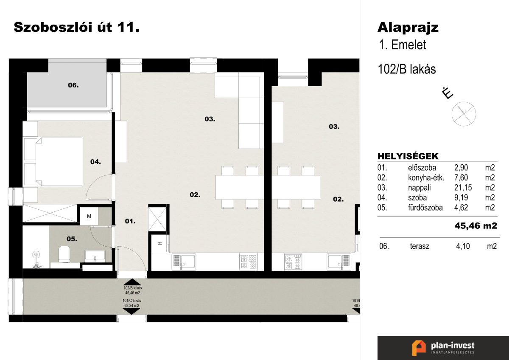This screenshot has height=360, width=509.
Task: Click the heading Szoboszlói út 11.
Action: (77, 27)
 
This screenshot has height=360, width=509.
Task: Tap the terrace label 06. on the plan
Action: (73, 85)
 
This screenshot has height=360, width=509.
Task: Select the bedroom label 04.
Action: (95, 162)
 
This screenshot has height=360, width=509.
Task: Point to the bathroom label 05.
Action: (72, 239)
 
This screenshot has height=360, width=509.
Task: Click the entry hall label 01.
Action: (130, 221)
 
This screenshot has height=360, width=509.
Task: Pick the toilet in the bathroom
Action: (64, 254)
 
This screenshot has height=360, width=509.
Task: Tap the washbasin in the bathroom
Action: (95, 256)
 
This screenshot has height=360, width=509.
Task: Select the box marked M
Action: (89, 216)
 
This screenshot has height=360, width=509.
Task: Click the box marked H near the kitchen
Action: (160, 243)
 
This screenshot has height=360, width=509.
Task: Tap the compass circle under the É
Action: (464, 114)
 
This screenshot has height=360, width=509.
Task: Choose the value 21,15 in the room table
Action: (463, 188)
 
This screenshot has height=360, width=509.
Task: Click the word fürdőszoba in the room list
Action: (425, 208)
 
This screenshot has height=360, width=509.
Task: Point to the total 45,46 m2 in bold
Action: (475, 226)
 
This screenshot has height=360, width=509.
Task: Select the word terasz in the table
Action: (420, 246)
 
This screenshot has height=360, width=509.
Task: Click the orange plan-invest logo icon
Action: (419, 348)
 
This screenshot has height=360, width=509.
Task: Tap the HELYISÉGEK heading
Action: (408, 156)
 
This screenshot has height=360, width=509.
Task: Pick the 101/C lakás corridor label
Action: (132, 301)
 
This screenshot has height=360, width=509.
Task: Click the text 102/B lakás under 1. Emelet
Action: (407, 69)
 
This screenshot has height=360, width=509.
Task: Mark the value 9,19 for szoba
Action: (461, 198)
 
